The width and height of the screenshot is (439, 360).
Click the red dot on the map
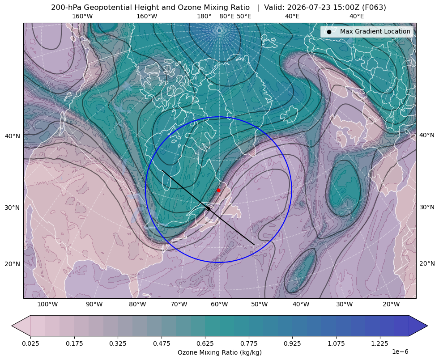coord(218,190)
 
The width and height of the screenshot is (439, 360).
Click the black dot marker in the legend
coord(329,32)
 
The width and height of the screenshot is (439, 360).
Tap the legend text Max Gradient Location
coord(375,31)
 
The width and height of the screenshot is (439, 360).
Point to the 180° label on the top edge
coord(204,16)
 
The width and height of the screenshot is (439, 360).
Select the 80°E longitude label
coord(226,16)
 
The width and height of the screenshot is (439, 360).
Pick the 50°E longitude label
coord(244,16)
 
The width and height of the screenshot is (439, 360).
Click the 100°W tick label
coord(47,305)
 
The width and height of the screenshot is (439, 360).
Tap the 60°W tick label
coord(219,305)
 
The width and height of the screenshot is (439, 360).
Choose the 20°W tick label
coord(391,305)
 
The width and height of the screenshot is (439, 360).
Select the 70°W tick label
coord(179,305)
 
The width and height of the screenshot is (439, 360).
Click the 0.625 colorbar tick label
coord(205,343)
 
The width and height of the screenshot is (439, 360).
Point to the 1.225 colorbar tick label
coord(379,343)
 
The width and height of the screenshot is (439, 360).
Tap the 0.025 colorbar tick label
coord(30,343)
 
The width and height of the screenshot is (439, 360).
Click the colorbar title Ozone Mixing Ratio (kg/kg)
coord(219,352)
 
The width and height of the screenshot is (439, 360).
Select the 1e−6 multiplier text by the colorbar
coord(400,352)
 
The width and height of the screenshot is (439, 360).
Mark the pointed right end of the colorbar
coord(427,326)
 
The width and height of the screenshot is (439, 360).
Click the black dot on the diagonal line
coord(208,208)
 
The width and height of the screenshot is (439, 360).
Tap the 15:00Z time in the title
coord(345,8)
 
